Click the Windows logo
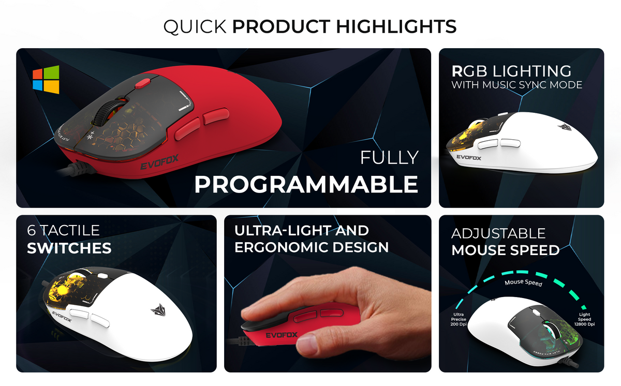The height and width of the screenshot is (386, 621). click(x=46, y=79)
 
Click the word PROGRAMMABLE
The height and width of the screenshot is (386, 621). click(x=306, y=184)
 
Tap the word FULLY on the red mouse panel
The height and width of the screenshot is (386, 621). click(x=389, y=157)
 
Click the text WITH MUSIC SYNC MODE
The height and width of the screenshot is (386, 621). click(x=516, y=84)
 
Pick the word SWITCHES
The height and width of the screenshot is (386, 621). click(x=69, y=248)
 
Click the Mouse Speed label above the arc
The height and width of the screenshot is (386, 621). click(x=523, y=283)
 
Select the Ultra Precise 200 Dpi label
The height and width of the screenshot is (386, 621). click(x=458, y=319)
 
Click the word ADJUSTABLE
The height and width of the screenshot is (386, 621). click(x=498, y=233)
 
